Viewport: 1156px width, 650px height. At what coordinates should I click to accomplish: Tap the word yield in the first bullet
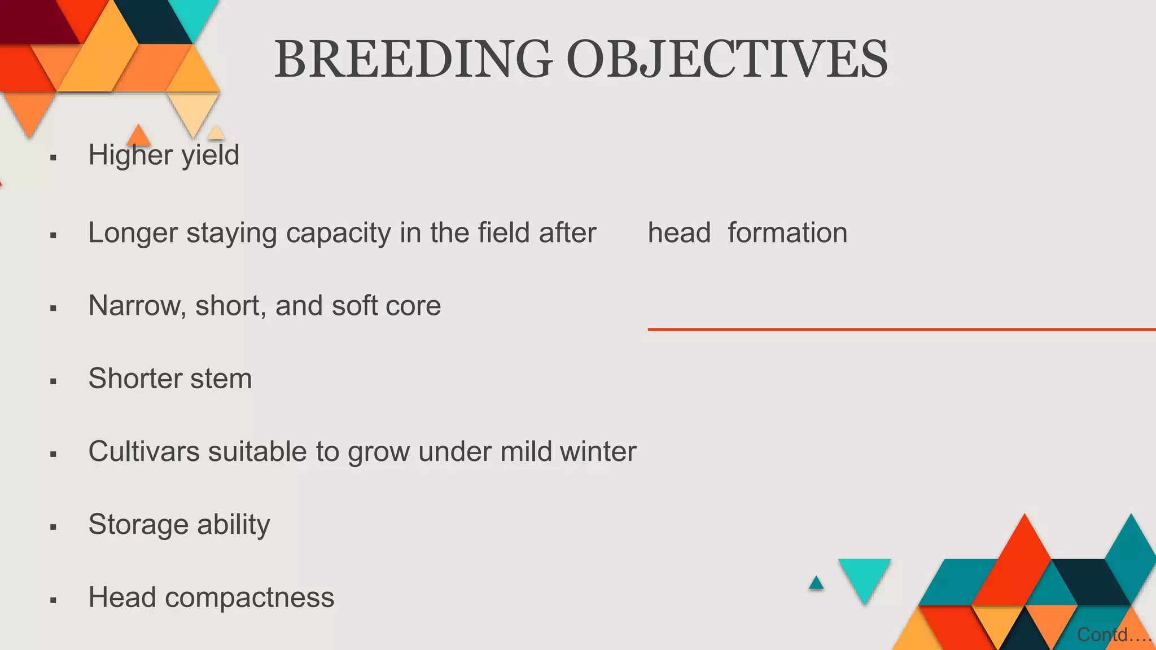pyautogui.click(x=211, y=155)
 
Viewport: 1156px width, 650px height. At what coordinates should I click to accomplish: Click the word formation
pyautogui.click(x=787, y=233)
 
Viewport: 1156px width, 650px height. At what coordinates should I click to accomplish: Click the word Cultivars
pyautogui.click(x=144, y=451)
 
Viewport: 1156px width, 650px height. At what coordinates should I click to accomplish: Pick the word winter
pyautogui.click(x=598, y=451)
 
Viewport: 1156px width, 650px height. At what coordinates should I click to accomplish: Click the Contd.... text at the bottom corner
pyautogui.click(x=1113, y=635)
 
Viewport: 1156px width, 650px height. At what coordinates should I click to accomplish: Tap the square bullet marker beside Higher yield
pyautogui.click(x=54, y=158)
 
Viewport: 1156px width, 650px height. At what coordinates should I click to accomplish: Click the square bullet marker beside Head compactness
pyautogui.click(x=54, y=600)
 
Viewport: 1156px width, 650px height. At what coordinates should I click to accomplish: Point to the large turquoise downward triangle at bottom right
pyautogui.click(x=864, y=576)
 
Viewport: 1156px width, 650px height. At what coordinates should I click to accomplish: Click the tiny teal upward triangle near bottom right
pyautogui.click(x=816, y=583)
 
